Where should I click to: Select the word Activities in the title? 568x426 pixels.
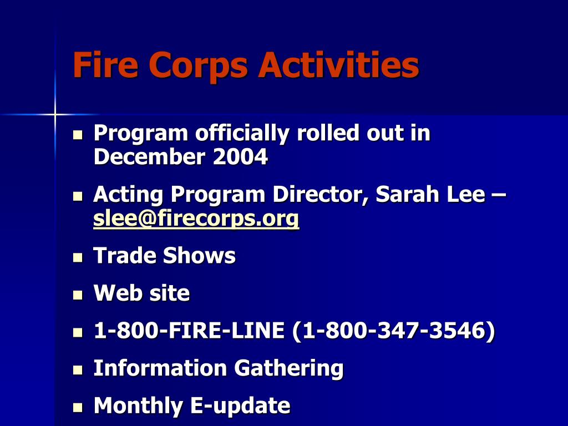338,65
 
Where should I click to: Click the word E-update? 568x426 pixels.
241,406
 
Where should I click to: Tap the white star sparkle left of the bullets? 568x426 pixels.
55,114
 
